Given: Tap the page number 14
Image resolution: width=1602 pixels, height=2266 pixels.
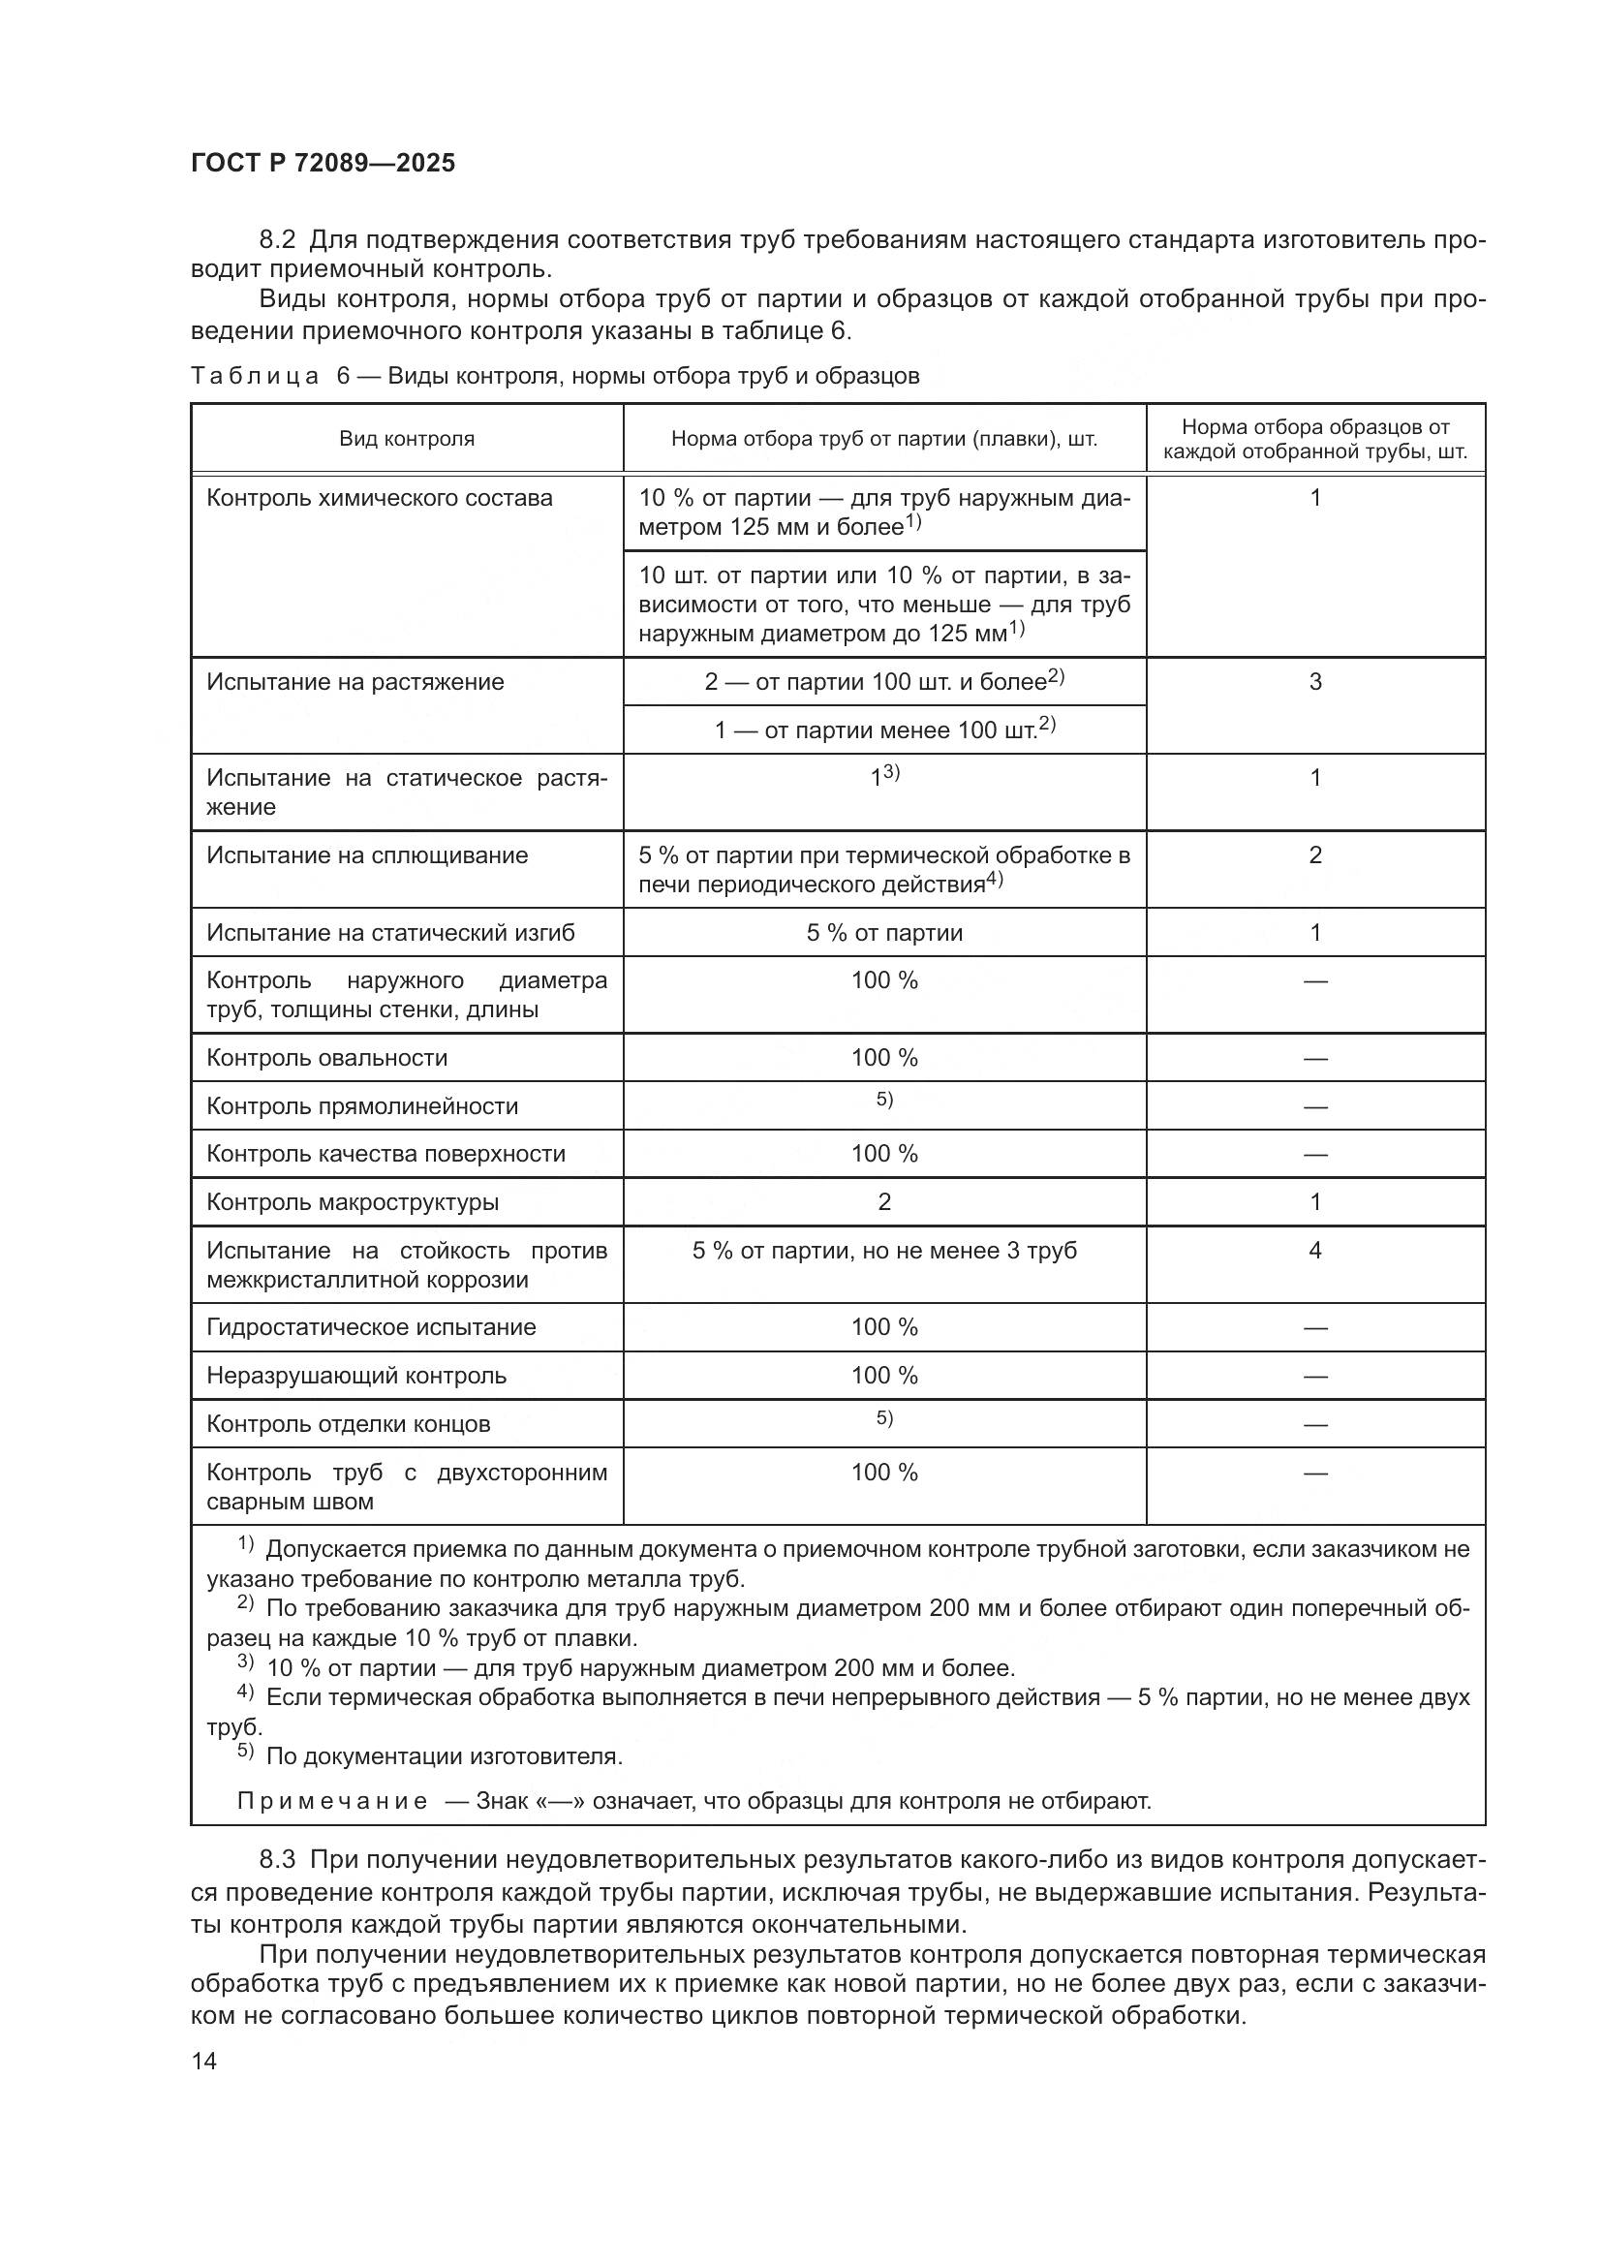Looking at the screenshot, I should pos(204,2061).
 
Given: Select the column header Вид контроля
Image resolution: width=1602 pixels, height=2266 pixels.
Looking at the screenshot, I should pos(407,439).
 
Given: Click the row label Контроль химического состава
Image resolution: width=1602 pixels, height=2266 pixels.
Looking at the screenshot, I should pos(379,498).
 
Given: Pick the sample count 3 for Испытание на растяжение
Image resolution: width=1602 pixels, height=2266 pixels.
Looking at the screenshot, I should pos(1315,682).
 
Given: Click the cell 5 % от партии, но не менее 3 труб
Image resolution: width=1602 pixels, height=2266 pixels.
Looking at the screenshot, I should pos(884,1252).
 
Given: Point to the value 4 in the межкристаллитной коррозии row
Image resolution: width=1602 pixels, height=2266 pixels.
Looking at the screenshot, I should pos(1315,1252).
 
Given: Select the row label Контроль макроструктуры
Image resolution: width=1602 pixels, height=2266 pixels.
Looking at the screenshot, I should pos(353,1203).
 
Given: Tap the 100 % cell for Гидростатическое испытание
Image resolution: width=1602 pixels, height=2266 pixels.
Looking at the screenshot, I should pos(884,1327).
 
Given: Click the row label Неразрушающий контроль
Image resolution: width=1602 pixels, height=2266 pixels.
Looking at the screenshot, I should pos(356,1376).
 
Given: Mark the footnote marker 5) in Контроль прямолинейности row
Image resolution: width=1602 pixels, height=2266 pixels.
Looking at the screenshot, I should pos(884,1100).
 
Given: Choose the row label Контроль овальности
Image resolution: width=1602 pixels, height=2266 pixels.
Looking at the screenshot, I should pos(326,1058).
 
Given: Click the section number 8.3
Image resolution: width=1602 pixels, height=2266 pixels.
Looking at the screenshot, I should pos(277,1860).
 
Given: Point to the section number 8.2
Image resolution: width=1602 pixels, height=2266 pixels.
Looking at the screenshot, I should pos(277,240).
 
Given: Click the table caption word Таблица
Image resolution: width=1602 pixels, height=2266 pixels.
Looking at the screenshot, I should pos(255,376).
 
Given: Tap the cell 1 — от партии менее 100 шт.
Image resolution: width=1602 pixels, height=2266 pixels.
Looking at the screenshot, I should pos(884,730).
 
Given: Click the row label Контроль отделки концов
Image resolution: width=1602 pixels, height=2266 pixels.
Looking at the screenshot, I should pos(349,1424).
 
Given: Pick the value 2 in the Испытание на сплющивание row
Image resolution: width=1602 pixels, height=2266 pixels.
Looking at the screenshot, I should pos(1315,855).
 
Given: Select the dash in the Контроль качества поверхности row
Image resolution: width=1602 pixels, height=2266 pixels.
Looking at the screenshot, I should pos(1315,1155).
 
